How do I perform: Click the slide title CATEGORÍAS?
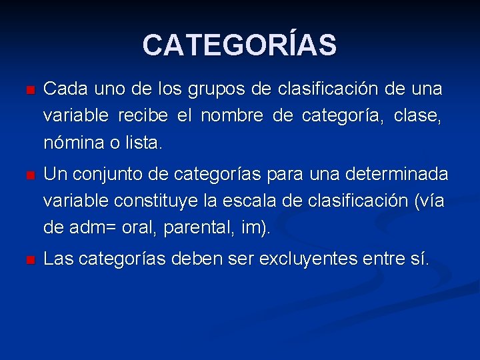coord(239,45)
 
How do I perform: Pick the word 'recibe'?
coord(145,116)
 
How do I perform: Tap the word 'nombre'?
coord(232,116)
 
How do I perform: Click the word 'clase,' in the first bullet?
coord(417,116)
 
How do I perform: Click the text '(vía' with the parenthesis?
coord(426,201)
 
